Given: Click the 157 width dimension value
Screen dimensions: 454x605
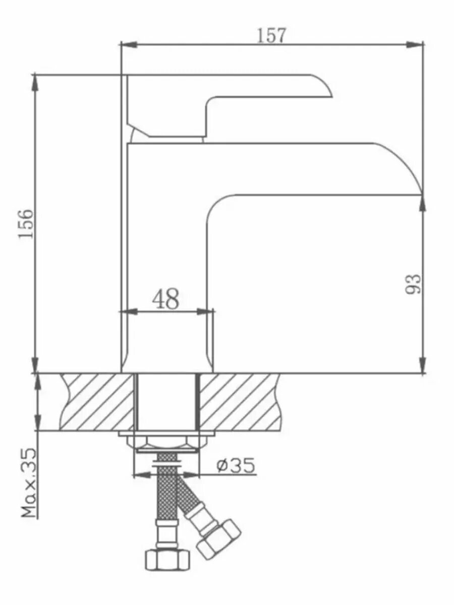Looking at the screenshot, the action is pyautogui.click(x=271, y=35).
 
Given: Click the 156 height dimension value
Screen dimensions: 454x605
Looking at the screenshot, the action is pyautogui.click(x=26, y=224).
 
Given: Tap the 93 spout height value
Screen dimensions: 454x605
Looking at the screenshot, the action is pyautogui.click(x=414, y=284).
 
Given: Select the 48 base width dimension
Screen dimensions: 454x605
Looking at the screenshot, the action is pyautogui.click(x=165, y=299).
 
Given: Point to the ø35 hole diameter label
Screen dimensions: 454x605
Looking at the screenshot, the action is pyautogui.click(x=236, y=465).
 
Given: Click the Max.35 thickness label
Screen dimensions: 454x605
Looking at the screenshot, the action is pyautogui.click(x=29, y=482).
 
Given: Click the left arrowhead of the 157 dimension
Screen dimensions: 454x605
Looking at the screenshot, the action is pyautogui.click(x=129, y=44).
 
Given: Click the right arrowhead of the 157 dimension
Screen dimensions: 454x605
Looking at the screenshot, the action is pyautogui.click(x=415, y=44).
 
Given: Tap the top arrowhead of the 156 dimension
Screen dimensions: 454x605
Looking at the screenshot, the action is pyautogui.click(x=35, y=82).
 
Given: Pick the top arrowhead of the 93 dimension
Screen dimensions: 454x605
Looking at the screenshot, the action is pyautogui.click(x=422, y=203).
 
